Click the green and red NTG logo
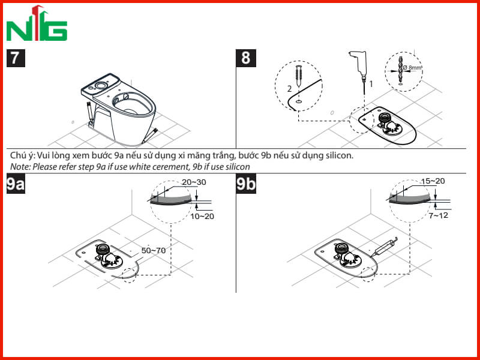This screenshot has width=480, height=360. click(x=37, y=23)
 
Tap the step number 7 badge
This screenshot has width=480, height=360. click(x=16, y=58)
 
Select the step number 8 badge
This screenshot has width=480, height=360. click(x=246, y=58)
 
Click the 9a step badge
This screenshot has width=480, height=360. click(x=16, y=184)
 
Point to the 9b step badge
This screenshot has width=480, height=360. click(x=246, y=184)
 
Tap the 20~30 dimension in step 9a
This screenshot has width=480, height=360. click(x=194, y=182)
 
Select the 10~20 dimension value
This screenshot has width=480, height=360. click(x=202, y=217)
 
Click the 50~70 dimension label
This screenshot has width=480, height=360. click(x=154, y=250)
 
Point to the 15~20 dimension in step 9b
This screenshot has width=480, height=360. click(x=433, y=181)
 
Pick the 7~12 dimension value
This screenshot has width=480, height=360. click(x=439, y=215)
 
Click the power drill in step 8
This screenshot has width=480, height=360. click(x=359, y=64)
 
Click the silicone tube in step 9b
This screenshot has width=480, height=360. click(x=384, y=247)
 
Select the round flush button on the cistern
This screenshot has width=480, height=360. click(x=100, y=85)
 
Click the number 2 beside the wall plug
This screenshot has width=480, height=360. click(x=290, y=89)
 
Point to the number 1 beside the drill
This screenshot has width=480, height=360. click(x=371, y=83)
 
